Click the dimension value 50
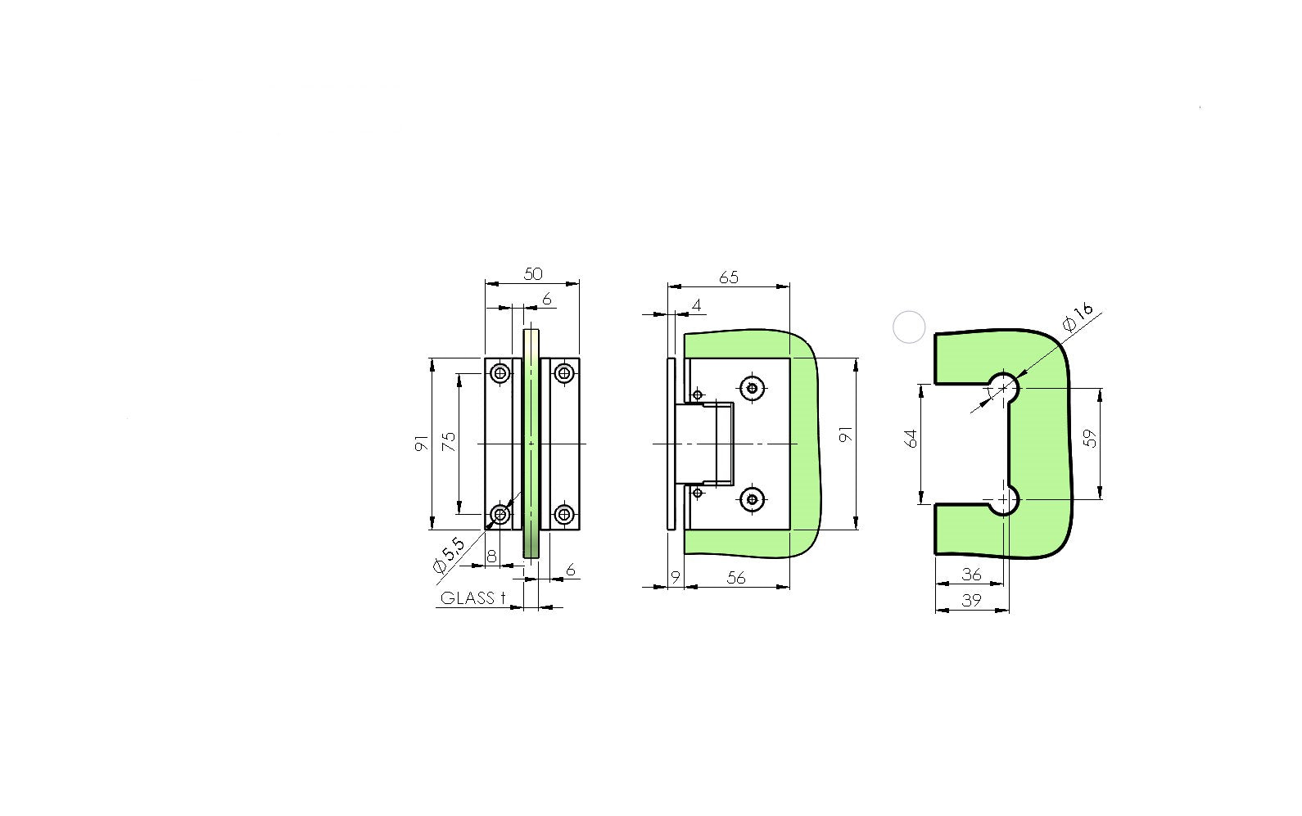click(x=532, y=273)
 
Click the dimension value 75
click(x=449, y=442)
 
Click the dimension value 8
click(x=491, y=557)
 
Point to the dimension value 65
click(x=728, y=277)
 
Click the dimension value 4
click(x=696, y=305)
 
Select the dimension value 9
click(x=676, y=577)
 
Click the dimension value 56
click(x=736, y=577)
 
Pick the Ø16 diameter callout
click(x=1078, y=317)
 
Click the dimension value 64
click(x=911, y=438)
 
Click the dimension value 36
click(x=971, y=575)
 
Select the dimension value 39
click(x=971, y=600)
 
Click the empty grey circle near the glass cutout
click(x=908, y=327)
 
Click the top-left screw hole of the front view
click(x=500, y=374)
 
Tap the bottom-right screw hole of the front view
click(x=563, y=514)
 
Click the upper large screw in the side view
click(x=752, y=388)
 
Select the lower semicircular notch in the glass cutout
click(x=1005, y=498)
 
